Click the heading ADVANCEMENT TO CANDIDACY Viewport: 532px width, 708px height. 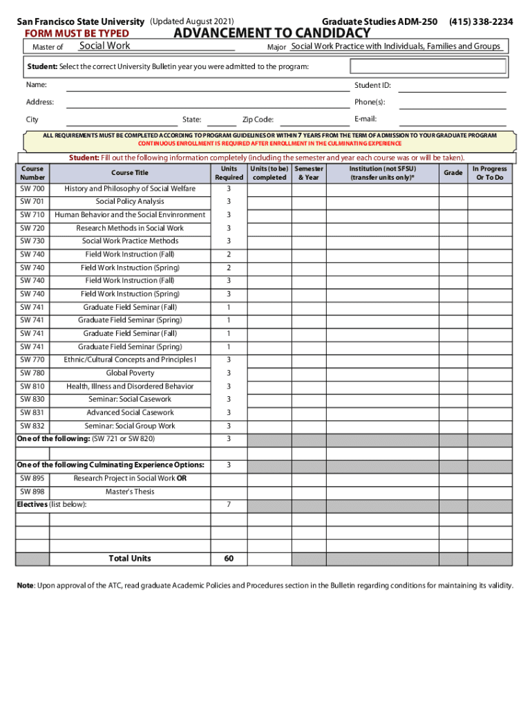pos(272,33)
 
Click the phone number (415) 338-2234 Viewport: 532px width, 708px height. pos(480,22)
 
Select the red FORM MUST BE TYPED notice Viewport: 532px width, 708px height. pos(77,34)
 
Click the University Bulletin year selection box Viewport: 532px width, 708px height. pos(428,66)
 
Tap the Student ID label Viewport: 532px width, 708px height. pos(372,85)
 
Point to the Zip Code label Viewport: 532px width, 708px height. pos(258,120)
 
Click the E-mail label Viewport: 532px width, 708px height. pos(365,119)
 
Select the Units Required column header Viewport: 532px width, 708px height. pos(229,173)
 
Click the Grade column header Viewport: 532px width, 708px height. pos(453,173)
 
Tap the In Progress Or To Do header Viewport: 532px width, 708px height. pos(489,173)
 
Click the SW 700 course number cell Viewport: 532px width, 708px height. pos(32,189)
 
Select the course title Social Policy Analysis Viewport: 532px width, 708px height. pos(130,202)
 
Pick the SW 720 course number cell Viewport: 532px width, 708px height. pos(32,228)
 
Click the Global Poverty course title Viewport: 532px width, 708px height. pos(130,373)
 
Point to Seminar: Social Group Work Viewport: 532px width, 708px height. pos(130,426)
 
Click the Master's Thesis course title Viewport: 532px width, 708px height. pos(130,492)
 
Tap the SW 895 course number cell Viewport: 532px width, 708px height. pos(32,478)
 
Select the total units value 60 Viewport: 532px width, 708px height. pos(229,559)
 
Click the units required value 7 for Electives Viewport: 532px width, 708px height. pos(229,505)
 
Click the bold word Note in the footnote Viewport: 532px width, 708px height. pos(26,586)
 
